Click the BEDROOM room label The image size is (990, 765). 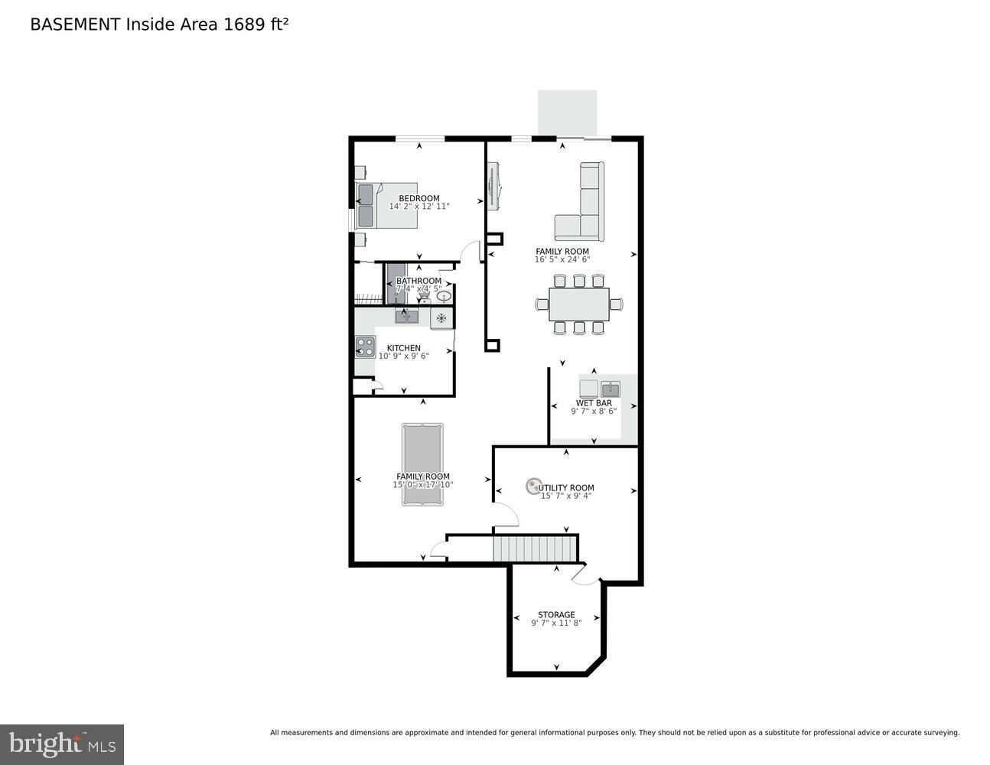[x=419, y=198]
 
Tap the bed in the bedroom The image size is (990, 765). [x=387, y=205]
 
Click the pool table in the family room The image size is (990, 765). [x=422, y=464]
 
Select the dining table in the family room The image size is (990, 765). [x=579, y=304]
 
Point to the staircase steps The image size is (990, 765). [x=534, y=549]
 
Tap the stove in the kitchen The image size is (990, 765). [x=365, y=347]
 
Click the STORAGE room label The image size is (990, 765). [x=556, y=614]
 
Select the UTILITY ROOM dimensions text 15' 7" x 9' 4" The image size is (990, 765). [x=566, y=496]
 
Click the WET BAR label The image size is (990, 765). [x=594, y=402]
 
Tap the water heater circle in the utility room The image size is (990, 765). [x=532, y=486]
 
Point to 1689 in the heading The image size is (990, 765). [x=242, y=24]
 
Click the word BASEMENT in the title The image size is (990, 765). [x=75, y=24]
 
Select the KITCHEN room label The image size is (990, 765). [x=403, y=347]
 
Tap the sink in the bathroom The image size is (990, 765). [x=444, y=296]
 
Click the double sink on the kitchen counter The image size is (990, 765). [x=406, y=315]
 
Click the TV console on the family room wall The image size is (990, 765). [x=493, y=186]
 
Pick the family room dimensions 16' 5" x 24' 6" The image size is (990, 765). [x=562, y=259]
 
